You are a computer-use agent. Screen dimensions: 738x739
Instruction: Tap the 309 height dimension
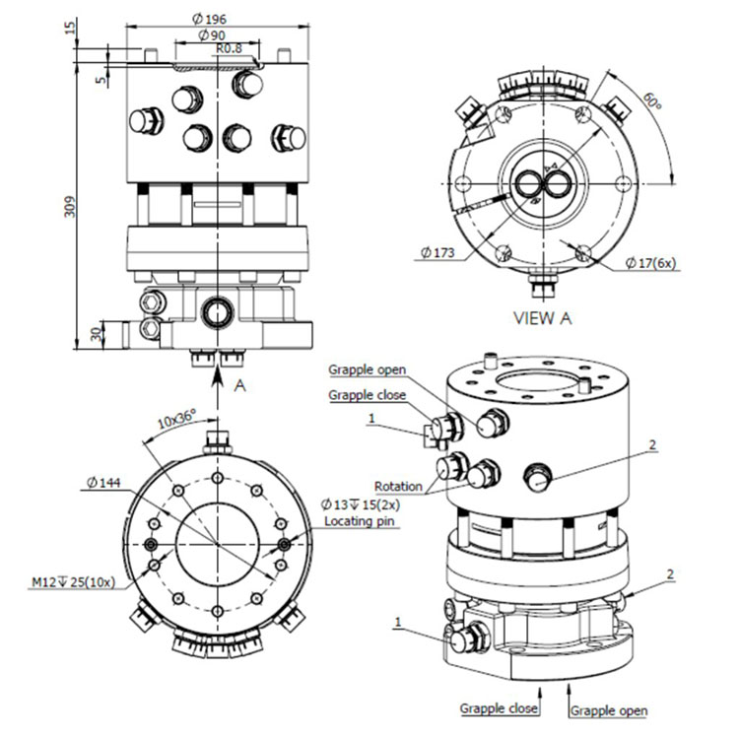69,205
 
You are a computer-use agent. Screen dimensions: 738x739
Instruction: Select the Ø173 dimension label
437,253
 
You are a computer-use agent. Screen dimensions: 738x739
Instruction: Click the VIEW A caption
541,318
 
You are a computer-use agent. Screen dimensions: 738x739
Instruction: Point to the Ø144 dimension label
102,482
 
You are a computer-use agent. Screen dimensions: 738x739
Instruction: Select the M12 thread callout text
72,582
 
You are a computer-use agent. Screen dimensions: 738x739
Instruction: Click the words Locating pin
362,520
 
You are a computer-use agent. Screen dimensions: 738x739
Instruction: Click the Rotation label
399,486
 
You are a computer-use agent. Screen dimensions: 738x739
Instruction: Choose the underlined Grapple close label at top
367,396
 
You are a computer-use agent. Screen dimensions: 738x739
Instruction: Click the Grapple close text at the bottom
499,708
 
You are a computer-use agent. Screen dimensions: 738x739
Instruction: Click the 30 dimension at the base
96,334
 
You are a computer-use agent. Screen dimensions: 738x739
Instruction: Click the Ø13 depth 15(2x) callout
360,503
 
